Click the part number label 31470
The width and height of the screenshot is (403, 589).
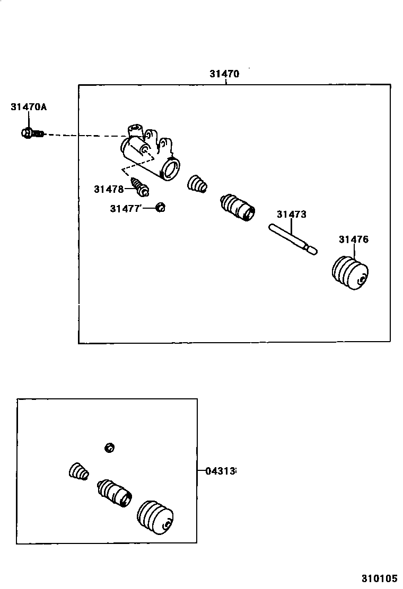tap(224, 74)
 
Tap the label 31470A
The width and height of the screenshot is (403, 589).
tap(29, 107)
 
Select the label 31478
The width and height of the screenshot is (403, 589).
tap(109, 189)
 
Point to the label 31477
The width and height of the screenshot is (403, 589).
tap(125, 209)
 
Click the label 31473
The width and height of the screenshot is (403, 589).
tap(291, 215)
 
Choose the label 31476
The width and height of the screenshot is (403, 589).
tap(353, 239)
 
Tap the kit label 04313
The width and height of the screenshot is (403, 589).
tap(220, 470)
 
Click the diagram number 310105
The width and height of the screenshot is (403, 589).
tap(380, 578)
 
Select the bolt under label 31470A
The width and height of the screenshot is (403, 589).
tap(32, 133)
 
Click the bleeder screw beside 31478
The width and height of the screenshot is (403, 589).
tap(141, 185)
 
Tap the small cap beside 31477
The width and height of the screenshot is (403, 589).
tap(161, 208)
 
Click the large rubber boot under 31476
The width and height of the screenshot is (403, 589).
tap(349, 273)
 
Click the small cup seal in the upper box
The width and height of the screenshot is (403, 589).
tap(197, 184)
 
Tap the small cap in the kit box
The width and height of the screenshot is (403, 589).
tap(109, 448)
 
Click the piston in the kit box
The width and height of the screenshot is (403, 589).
tap(113, 493)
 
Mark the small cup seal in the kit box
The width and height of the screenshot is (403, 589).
tap(78, 471)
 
